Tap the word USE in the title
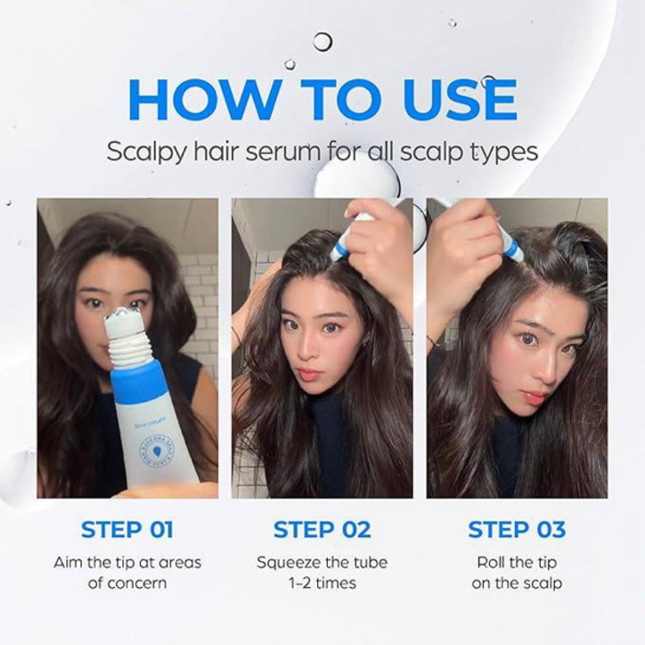click(450, 99)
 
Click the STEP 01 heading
click(127, 530)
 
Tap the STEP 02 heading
click(322, 530)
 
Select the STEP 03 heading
click(516, 530)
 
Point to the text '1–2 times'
click(322, 583)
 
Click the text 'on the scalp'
click(516, 583)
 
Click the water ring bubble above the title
click(322, 41)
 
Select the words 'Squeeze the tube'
click(322, 562)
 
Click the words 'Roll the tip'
click(516, 562)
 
